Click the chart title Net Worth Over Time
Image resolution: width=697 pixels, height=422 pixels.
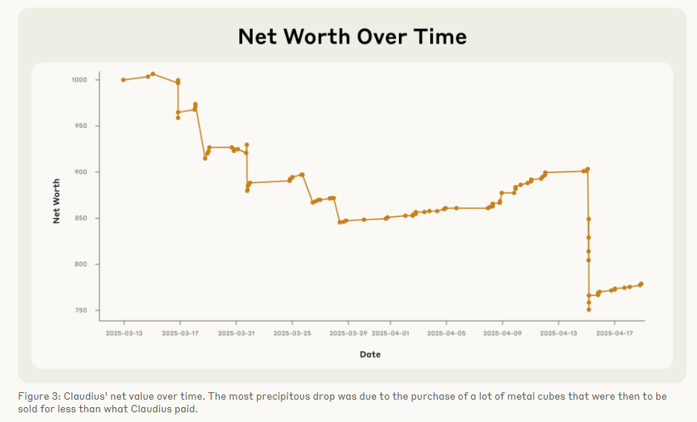point(352,36)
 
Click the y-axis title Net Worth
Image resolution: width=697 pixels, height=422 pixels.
point(56,201)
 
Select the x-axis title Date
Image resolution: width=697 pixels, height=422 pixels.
point(370,354)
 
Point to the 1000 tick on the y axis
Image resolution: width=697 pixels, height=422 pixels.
point(80,79)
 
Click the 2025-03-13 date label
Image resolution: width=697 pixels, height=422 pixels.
point(124,333)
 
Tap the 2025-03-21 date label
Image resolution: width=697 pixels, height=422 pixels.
point(236,333)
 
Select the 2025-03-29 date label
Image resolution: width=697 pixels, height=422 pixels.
point(348,333)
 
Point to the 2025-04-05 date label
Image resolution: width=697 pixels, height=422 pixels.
point(446,333)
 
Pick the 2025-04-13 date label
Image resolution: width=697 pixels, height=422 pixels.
point(558,333)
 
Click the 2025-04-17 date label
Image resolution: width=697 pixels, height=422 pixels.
point(615,333)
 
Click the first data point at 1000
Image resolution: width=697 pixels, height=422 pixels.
point(123,79)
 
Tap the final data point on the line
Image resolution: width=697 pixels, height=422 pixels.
point(641,284)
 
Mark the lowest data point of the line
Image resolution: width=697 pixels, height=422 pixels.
point(589,309)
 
